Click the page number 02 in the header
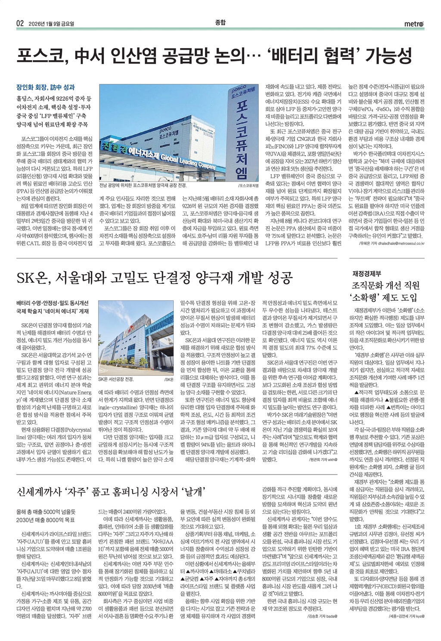tap(20, 23)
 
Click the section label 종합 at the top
tap(220, 22)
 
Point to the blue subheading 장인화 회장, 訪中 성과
tap(45, 87)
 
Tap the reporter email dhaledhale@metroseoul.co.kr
tap(398, 243)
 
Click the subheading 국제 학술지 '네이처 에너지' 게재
tap(53, 311)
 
